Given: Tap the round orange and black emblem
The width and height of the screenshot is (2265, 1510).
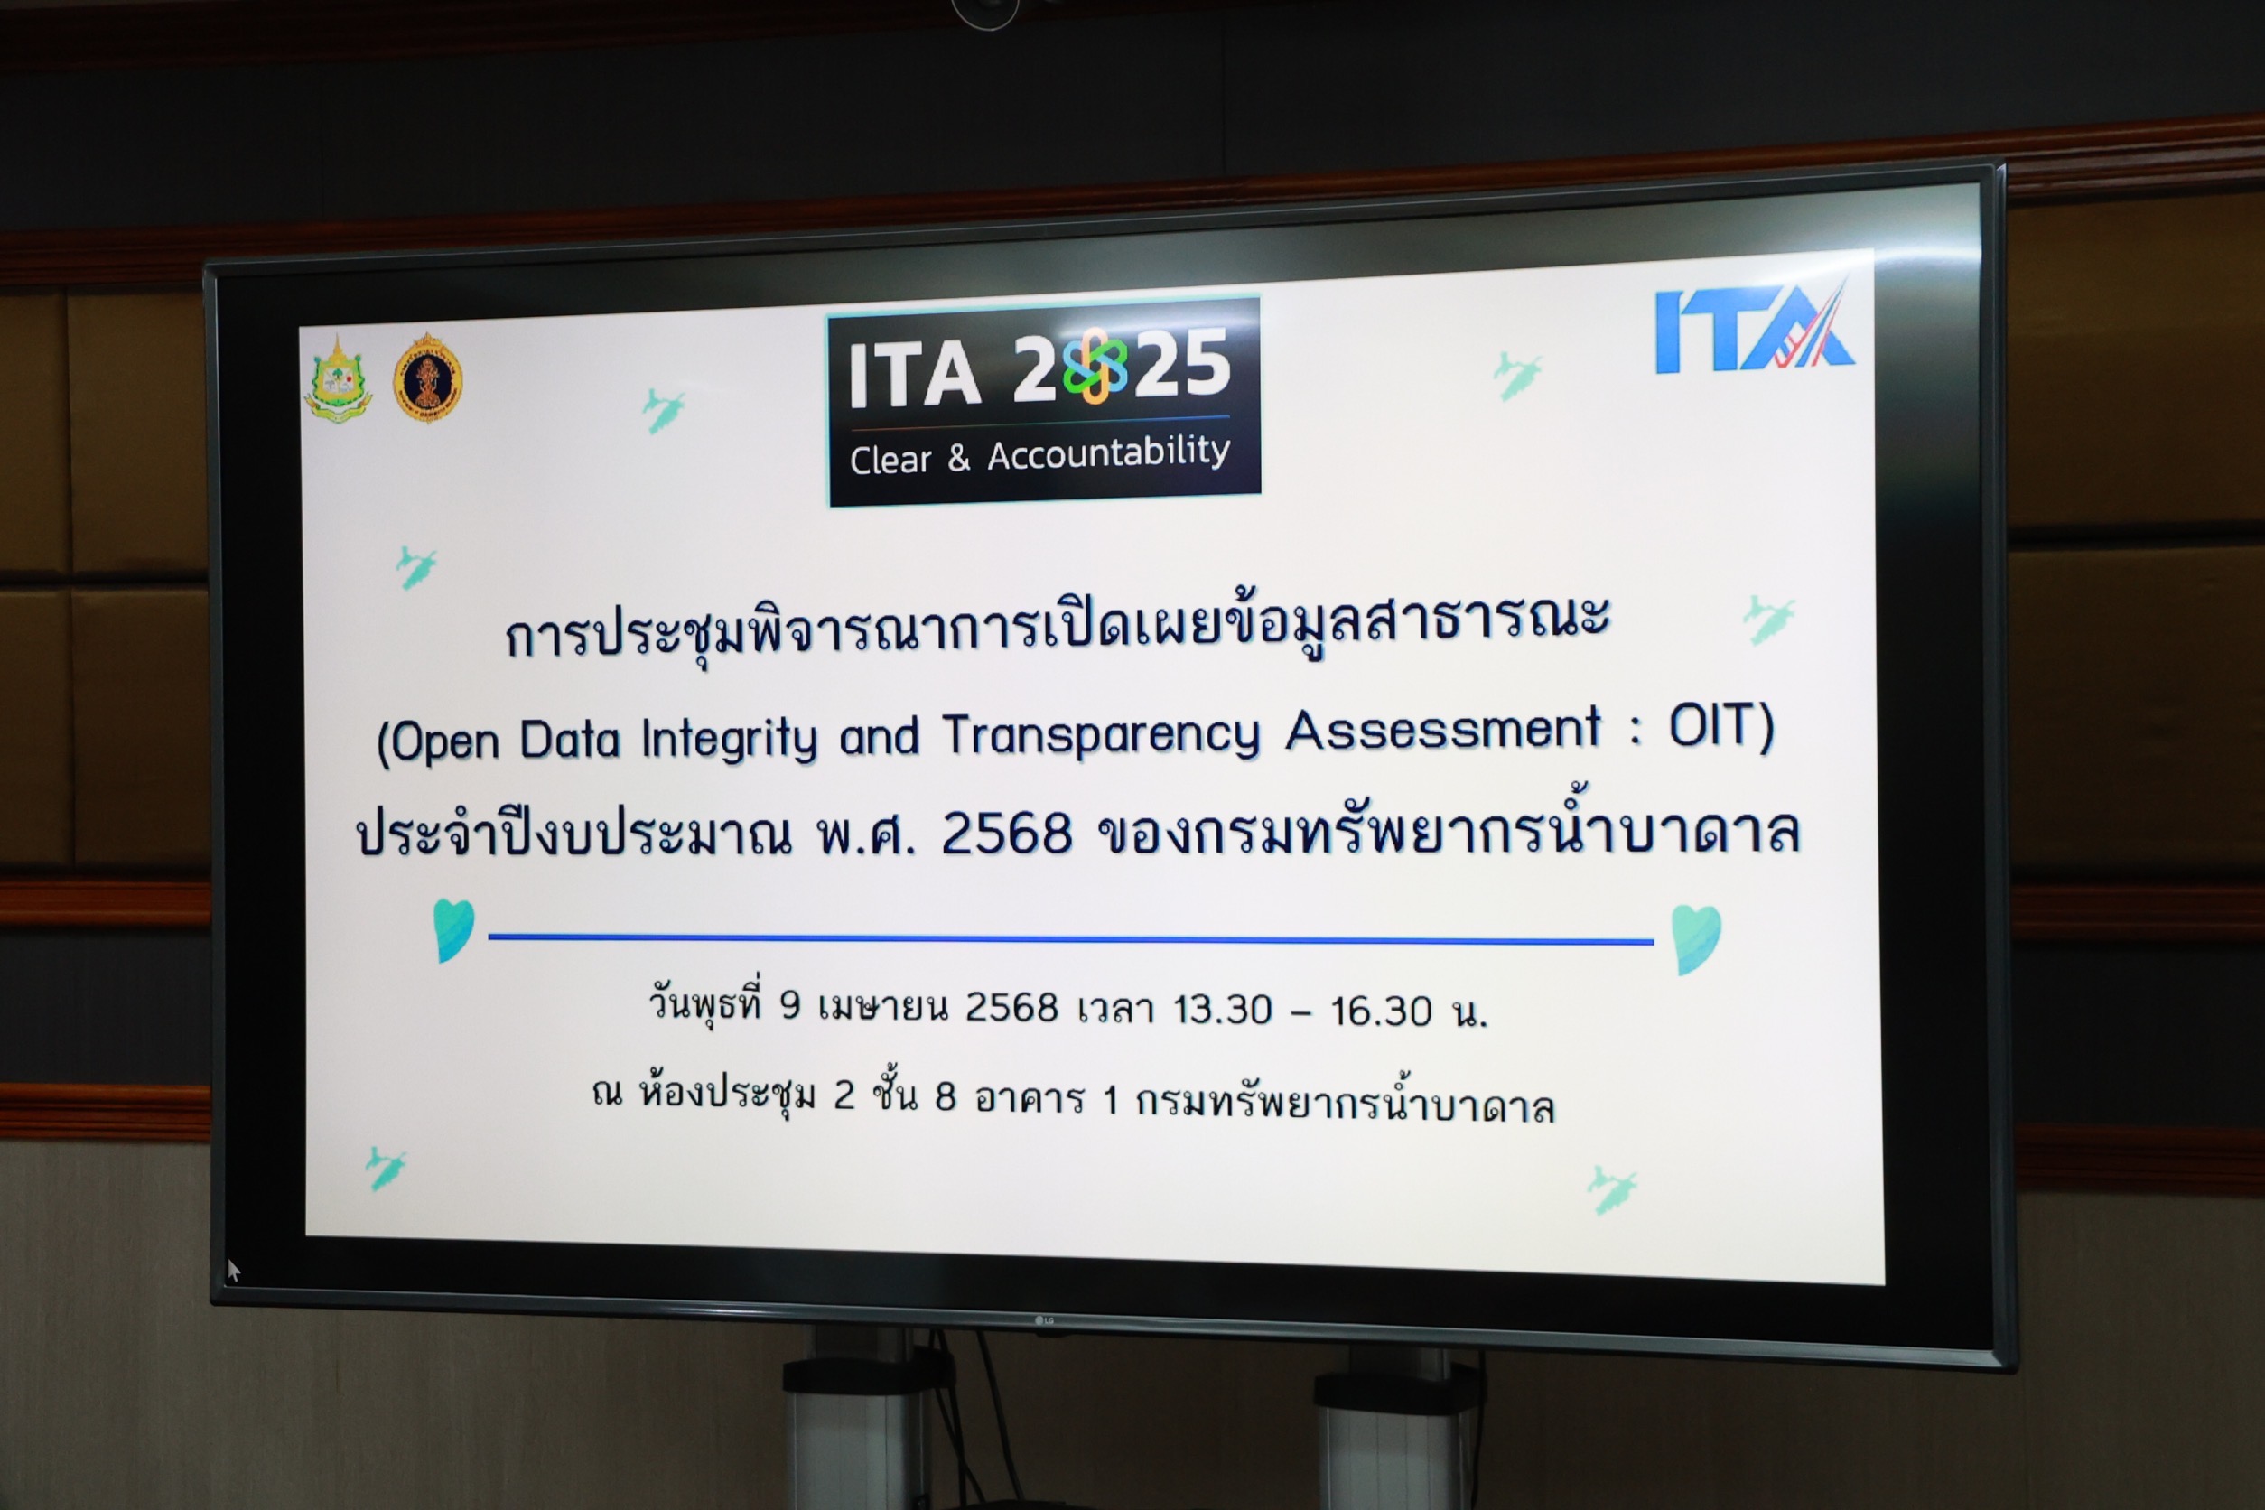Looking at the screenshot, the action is (x=427, y=377).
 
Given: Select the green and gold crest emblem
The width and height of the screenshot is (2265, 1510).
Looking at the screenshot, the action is (x=337, y=379).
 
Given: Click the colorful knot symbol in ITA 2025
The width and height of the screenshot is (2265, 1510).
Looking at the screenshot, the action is (x=1095, y=365).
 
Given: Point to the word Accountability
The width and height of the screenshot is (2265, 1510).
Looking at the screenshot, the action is (x=1108, y=452).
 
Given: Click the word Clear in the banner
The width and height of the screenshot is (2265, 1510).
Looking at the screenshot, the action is (x=890, y=459).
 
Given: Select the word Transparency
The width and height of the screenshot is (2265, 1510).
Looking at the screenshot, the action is (x=1101, y=736).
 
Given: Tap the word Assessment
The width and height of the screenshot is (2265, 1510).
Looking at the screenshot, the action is (x=1442, y=729).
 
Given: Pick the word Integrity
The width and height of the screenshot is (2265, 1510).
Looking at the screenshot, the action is (x=730, y=740).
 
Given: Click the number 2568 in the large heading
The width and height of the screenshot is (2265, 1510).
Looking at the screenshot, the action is (x=1006, y=832).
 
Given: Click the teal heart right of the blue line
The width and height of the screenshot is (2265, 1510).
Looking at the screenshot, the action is (x=1696, y=939).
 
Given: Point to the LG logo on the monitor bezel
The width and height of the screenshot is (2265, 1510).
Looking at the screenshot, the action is (x=1044, y=1320).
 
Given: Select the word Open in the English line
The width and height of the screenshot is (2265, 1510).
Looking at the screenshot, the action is (x=446, y=743).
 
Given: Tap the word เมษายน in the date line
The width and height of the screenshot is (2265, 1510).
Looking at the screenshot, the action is (x=883, y=1007).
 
